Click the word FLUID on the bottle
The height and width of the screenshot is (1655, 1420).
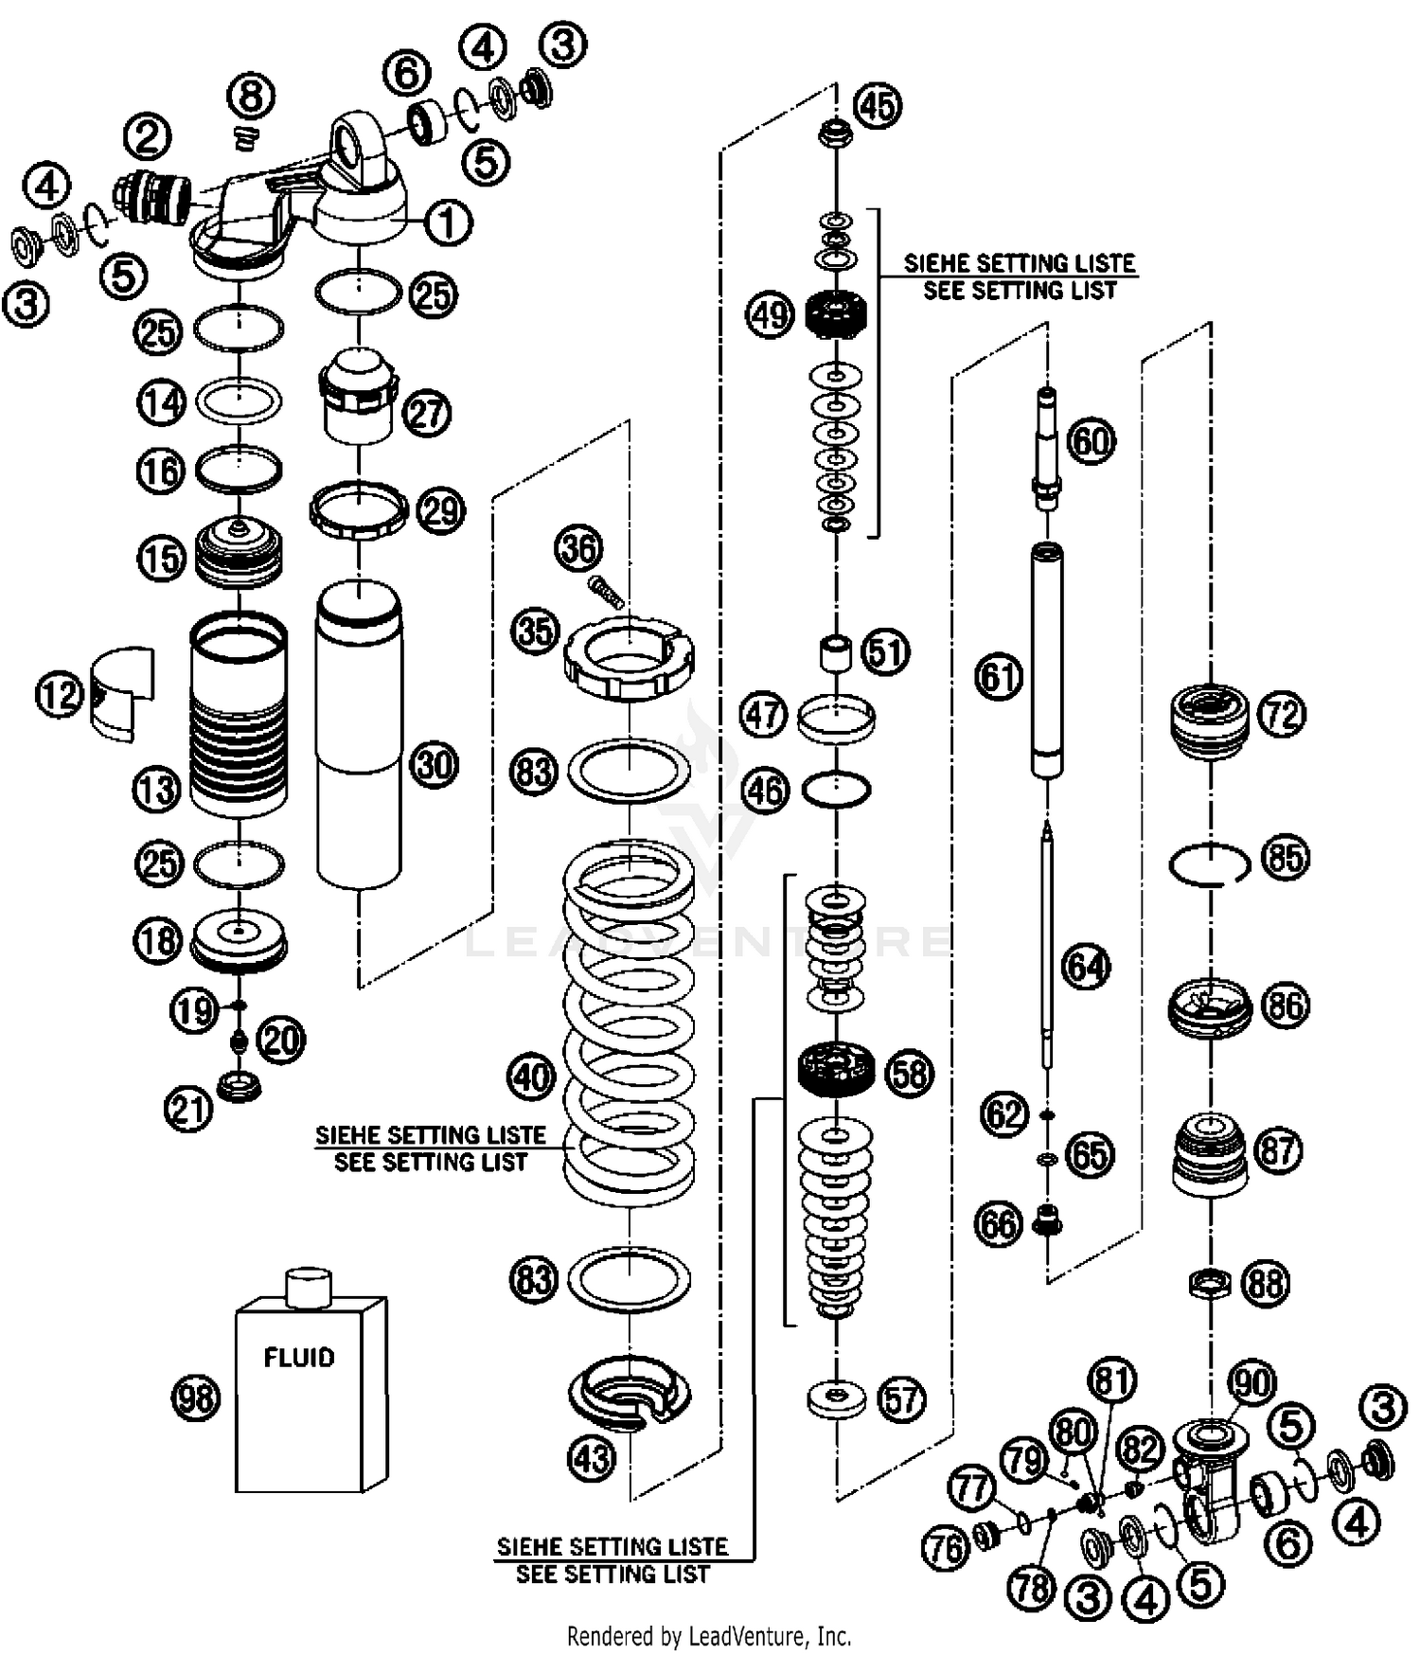click(x=299, y=1358)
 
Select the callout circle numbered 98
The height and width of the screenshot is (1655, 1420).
click(x=196, y=1397)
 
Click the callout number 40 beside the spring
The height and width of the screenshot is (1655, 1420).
click(x=532, y=1077)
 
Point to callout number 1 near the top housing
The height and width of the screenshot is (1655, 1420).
click(x=448, y=223)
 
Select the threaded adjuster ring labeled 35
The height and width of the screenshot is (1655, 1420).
click(x=629, y=657)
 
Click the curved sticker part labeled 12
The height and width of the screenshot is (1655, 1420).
click(x=121, y=693)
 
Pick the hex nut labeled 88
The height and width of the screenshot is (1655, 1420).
click(x=1210, y=1284)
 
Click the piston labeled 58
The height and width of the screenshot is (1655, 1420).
click(x=836, y=1070)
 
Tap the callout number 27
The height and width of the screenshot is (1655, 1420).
click(x=428, y=414)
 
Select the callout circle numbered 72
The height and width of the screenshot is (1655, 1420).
click(x=1281, y=714)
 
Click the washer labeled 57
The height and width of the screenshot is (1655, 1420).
click(x=837, y=1399)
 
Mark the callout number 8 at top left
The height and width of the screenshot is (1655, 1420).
click(x=251, y=97)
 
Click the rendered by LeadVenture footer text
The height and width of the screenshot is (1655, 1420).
click(x=709, y=1635)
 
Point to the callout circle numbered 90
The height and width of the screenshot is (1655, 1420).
click(x=1252, y=1383)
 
